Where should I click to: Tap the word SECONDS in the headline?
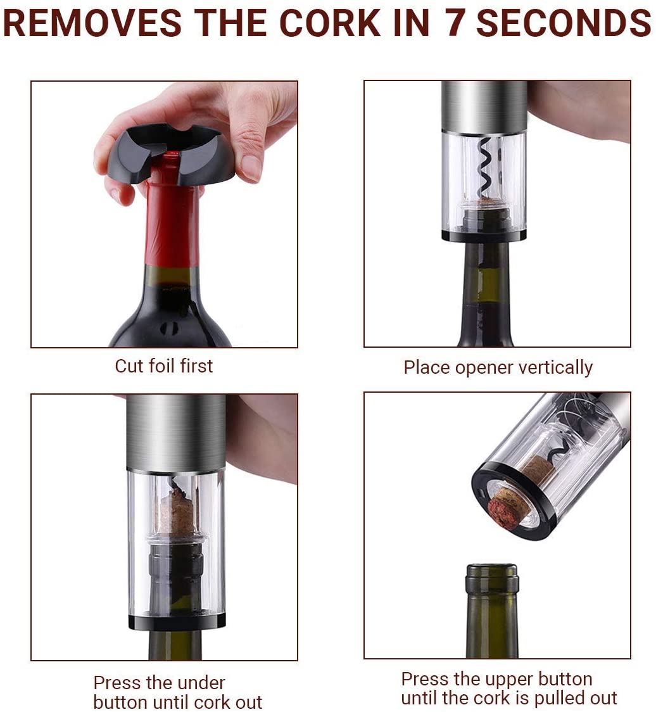coord(564,23)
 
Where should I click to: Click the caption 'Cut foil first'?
coord(164,366)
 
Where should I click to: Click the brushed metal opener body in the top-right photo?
coord(484,106)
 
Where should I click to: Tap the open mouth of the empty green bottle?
coord(491,568)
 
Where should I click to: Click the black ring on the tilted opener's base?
coord(512,501)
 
